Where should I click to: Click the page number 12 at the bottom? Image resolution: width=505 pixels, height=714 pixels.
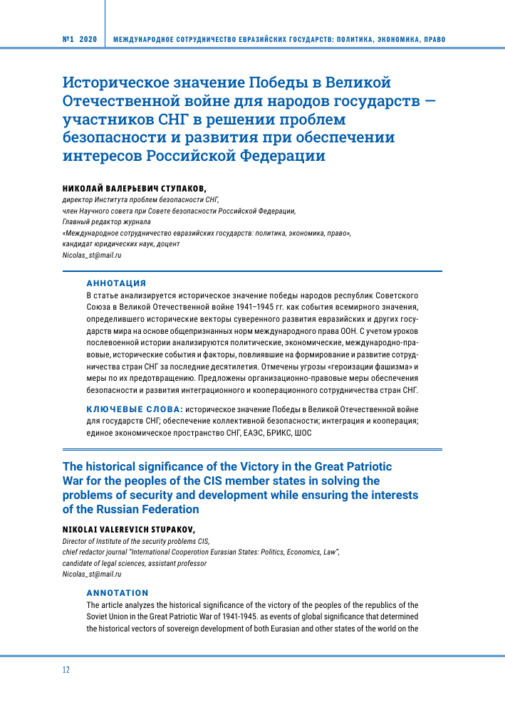[x=66, y=669]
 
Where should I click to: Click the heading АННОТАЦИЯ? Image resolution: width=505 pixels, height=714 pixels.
[x=116, y=283]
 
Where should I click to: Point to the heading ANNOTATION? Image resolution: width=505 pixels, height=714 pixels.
[x=118, y=592]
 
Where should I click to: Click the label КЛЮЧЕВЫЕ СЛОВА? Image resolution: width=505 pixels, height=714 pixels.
[x=134, y=409]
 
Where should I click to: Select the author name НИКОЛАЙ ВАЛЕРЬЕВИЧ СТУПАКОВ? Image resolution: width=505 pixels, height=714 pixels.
[x=134, y=189]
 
